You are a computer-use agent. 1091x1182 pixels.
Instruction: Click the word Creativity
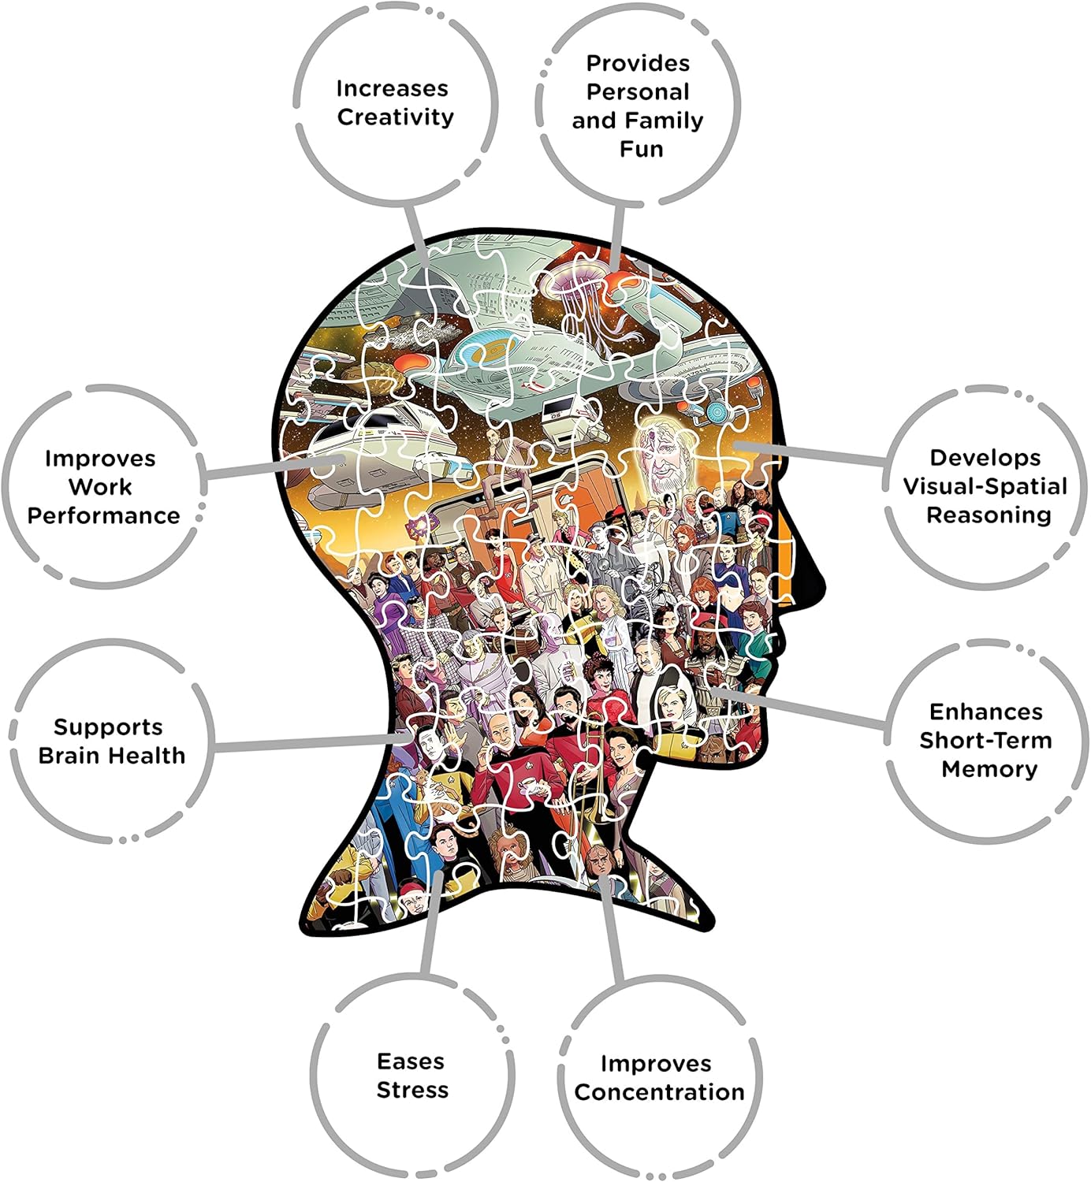click(x=396, y=117)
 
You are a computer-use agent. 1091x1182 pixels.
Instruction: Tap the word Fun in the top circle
click(x=642, y=149)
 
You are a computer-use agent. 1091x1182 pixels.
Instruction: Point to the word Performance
click(x=103, y=515)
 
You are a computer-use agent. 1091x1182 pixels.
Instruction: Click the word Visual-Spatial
click(x=985, y=486)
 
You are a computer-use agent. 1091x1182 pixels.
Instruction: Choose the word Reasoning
click(x=989, y=515)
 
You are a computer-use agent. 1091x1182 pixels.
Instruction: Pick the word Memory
click(x=989, y=770)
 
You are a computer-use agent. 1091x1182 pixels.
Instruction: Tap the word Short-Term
click(x=985, y=741)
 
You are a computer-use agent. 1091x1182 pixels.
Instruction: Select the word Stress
click(x=412, y=1090)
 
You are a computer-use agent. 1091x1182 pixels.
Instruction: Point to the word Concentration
click(x=659, y=1092)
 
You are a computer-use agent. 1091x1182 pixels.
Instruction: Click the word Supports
click(x=108, y=727)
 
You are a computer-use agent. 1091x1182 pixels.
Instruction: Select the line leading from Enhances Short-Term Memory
click(x=799, y=708)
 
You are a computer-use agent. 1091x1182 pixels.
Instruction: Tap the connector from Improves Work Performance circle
click(x=274, y=467)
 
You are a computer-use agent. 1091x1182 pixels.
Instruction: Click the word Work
click(x=100, y=487)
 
